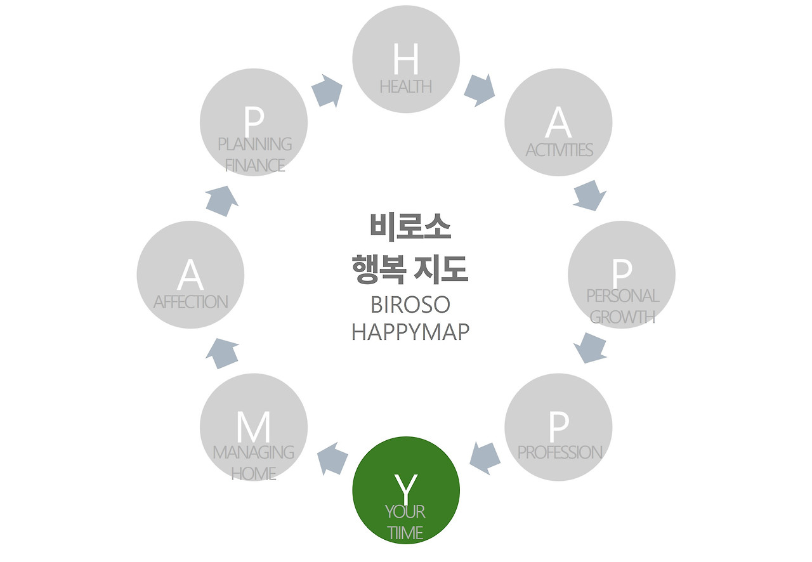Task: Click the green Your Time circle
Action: coord(406,490)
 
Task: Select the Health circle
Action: coord(406,59)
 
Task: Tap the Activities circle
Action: coord(558,122)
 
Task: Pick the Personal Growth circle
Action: coord(622,275)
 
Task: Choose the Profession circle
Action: coord(558,427)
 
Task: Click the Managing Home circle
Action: coord(254,427)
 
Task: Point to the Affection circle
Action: coord(190,275)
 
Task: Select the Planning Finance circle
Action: coord(254,122)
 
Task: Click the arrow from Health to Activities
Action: coord(479,90)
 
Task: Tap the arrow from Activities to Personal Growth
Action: coord(589,195)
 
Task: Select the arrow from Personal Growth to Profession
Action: coord(590,348)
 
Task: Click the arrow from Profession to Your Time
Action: coord(485,458)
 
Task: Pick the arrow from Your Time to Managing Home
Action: coord(332,459)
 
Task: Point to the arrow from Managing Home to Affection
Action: coord(222,353)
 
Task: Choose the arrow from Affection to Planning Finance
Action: coord(222,200)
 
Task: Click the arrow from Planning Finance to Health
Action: coord(327,90)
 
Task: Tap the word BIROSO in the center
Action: coord(410,305)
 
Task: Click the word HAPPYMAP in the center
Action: coord(410,332)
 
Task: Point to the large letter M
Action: coord(254,428)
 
